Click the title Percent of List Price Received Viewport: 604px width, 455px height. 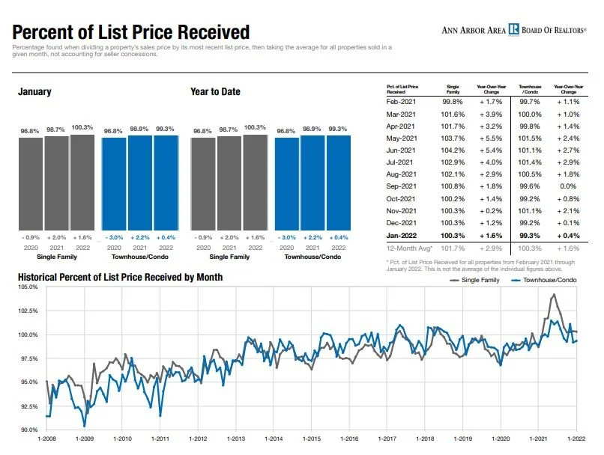131,32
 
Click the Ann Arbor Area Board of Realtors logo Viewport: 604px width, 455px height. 513,30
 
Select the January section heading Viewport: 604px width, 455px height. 34,92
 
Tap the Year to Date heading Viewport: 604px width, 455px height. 216,92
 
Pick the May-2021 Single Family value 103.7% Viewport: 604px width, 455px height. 453,139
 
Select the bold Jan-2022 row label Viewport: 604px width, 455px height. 402,236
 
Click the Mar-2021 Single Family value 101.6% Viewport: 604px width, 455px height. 453,114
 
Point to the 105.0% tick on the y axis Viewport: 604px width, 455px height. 28,287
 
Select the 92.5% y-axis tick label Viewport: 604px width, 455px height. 28,406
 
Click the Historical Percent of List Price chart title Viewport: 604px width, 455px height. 120,278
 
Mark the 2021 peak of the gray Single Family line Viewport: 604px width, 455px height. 554,295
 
